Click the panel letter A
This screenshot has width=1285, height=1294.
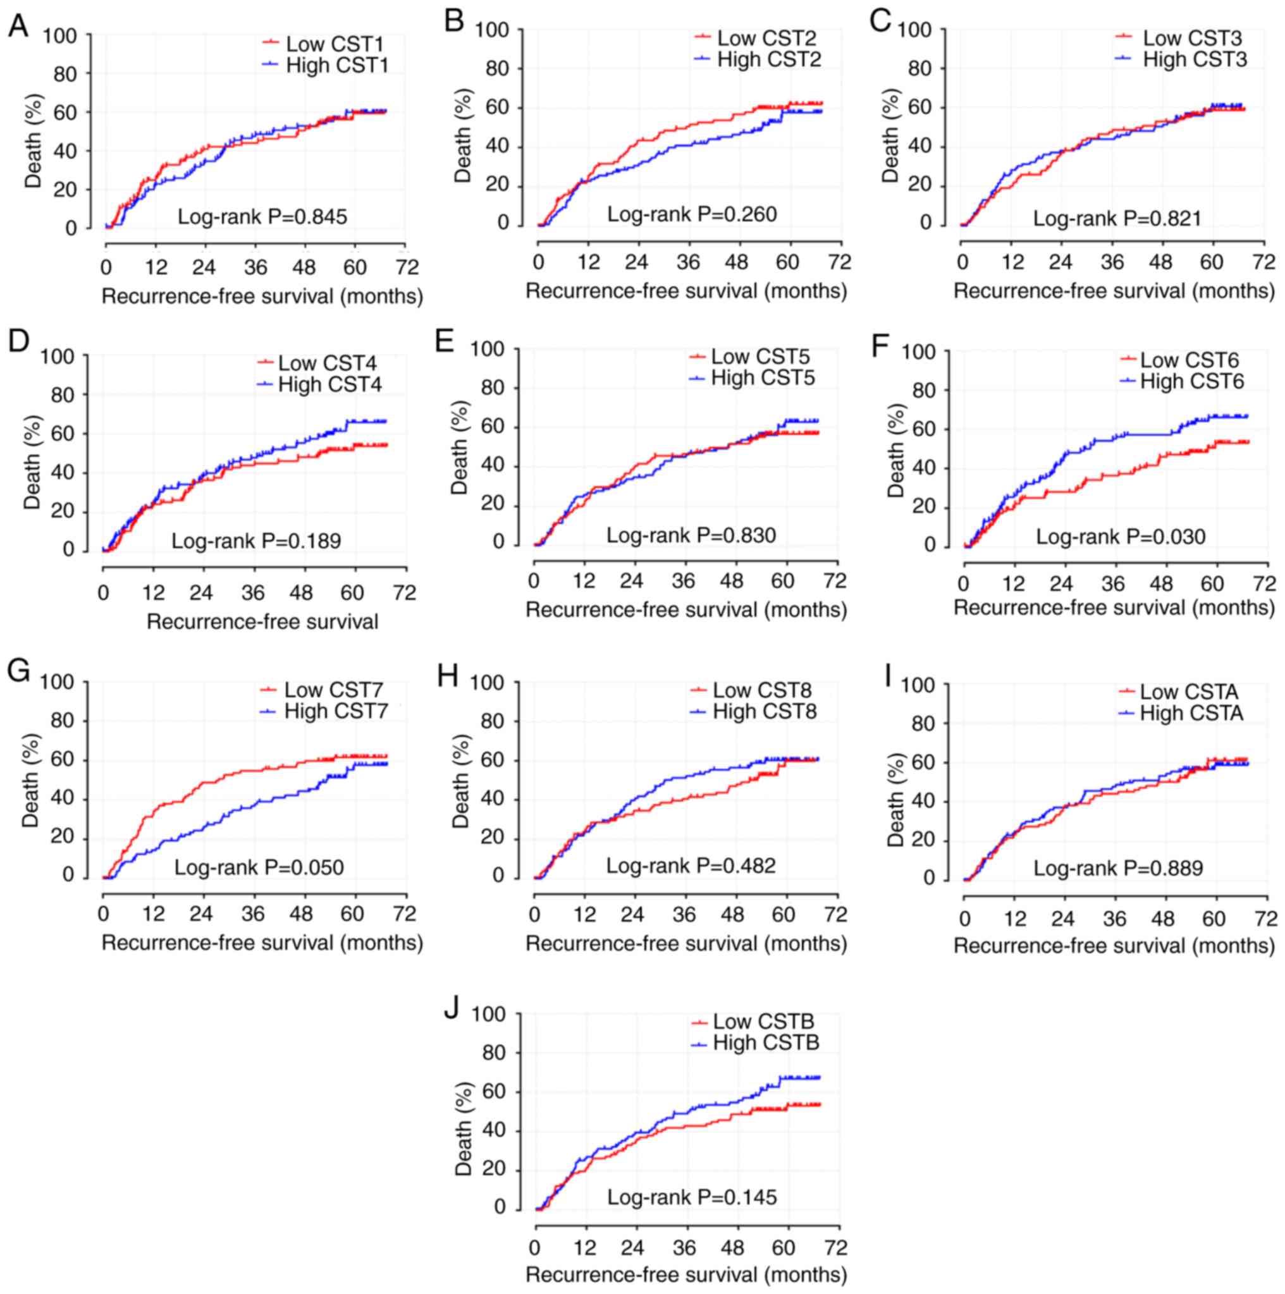(x=18, y=27)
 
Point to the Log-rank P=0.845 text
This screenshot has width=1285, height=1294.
(x=262, y=217)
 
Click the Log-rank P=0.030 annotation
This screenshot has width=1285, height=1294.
(x=1121, y=537)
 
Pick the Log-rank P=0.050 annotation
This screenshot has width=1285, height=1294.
(x=259, y=867)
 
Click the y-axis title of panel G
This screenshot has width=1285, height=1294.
(x=32, y=780)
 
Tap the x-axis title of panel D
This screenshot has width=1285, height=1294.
(x=262, y=621)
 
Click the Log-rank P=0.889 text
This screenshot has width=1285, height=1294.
(x=1117, y=869)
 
